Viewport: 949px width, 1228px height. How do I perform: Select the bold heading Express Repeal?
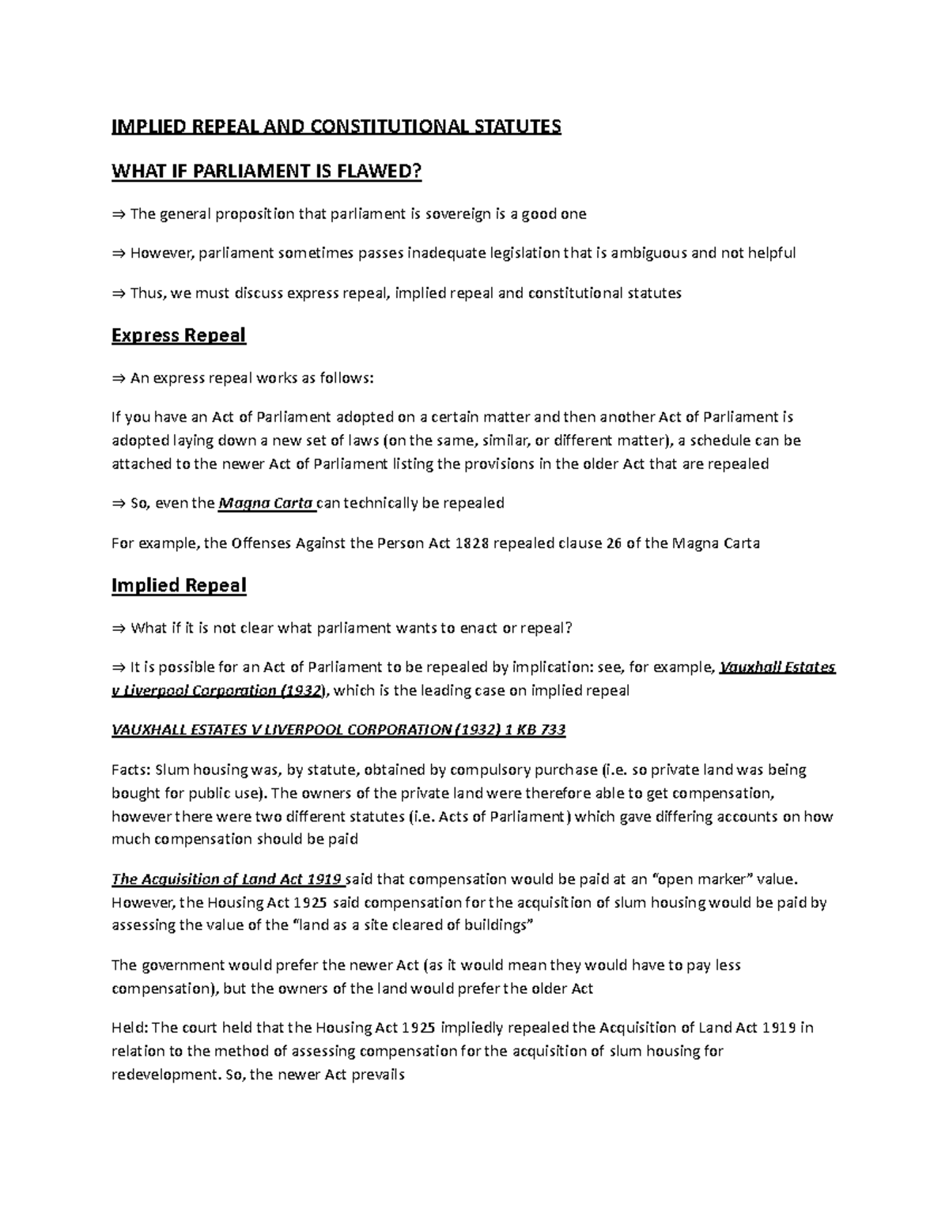[179, 335]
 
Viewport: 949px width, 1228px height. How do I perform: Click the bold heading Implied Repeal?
[179, 585]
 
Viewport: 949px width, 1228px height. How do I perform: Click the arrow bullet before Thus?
[119, 293]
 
